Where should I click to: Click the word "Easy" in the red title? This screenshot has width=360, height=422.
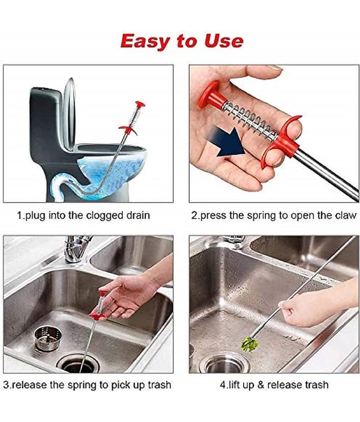click(x=145, y=42)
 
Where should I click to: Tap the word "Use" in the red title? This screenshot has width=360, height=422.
click(x=223, y=41)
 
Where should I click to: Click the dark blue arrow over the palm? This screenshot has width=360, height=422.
click(x=228, y=142)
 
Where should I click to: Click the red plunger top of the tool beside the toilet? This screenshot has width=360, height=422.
click(x=140, y=104)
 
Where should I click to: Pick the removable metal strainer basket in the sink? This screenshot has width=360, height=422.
click(x=48, y=338)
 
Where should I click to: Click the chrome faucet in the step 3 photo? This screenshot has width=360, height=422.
click(x=76, y=248)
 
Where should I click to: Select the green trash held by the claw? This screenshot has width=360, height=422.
click(x=250, y=344)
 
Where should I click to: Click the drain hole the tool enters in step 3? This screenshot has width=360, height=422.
click(x=78, y=364)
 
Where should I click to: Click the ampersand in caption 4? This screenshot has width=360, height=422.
click(x=260, y=385)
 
